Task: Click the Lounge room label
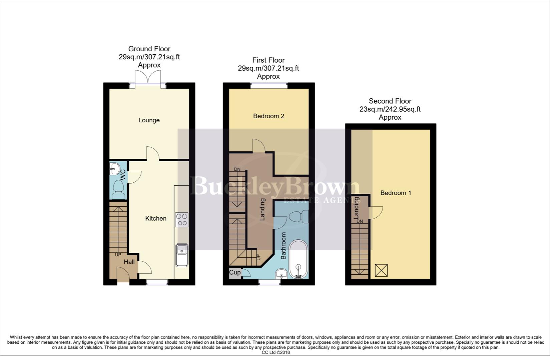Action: pos(149,120)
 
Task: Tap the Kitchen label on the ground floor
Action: pos(156,219)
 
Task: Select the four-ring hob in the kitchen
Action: pos(182,220)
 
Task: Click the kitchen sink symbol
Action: pos(182,255)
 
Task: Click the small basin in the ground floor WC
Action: pos(114,169)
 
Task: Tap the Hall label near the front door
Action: pos(129,262)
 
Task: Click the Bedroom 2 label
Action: pos(268,116)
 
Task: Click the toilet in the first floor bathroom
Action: pos(299,217)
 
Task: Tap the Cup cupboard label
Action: pos(234,273)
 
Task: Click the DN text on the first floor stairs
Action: pos(237,169)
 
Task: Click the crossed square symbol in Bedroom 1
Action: pos(381,270)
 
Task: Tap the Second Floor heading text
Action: pos(390,101)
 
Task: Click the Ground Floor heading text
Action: pos(149,49)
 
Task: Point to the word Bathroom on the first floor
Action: pos(284,246)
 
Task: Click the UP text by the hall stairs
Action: pos(118,255)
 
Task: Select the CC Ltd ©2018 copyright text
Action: pos(276,352)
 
